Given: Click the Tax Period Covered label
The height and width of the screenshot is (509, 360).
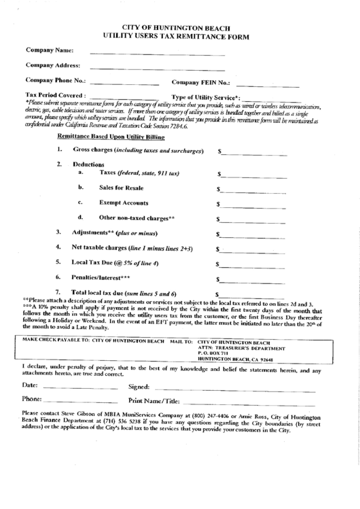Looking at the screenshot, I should click(x=56, y=96).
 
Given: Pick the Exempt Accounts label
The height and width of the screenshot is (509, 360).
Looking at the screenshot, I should click(x=124, y=203).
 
